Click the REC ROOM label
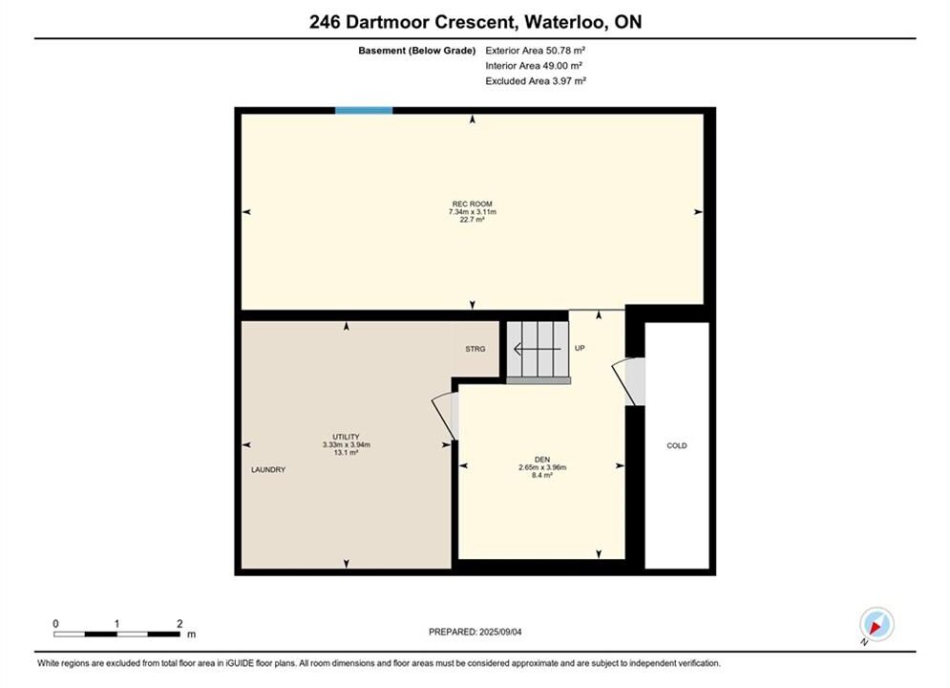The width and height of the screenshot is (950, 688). click(472, 204)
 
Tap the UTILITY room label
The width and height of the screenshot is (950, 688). click(346, 437)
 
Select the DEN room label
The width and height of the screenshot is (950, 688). click(542, 460)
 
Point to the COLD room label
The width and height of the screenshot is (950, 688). click(677, 445)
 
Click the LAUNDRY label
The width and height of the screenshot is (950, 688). click(268, 470)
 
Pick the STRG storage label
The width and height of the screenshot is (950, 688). click(475, 349)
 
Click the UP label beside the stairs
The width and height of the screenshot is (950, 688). click(580, 349)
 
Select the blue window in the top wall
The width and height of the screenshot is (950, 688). click(364, 110)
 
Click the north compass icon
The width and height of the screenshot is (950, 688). click(876, 624)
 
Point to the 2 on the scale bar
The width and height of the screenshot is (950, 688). click(179, 623)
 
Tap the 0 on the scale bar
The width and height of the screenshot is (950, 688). click(55, 623)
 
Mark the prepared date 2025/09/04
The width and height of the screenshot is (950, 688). click(500, 632)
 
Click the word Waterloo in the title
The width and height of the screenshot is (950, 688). click(564, 22)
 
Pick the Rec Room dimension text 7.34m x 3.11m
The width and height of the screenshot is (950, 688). click(472, 212)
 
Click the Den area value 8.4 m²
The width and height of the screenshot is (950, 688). click(542, 476)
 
